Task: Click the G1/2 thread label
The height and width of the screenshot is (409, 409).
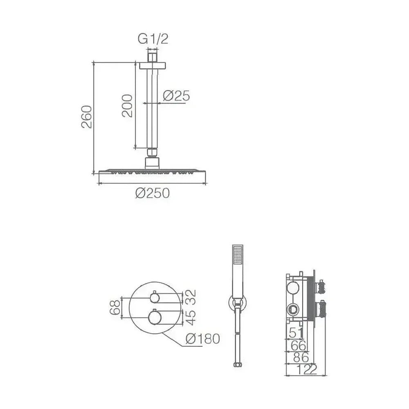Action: coord(153,39)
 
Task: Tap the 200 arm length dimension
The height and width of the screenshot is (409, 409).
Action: coord(127,106)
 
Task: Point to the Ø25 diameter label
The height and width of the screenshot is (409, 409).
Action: coord(176,96)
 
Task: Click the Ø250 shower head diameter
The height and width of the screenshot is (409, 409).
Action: coord(153,193)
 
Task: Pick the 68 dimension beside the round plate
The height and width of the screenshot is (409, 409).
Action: coord(115,307)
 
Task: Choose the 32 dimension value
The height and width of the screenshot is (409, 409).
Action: coord(191,297)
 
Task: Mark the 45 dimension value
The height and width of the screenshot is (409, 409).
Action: coord(191,317)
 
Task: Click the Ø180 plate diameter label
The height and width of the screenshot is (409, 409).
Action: coord(203,339)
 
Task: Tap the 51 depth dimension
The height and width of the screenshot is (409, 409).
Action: coord(296,333)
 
